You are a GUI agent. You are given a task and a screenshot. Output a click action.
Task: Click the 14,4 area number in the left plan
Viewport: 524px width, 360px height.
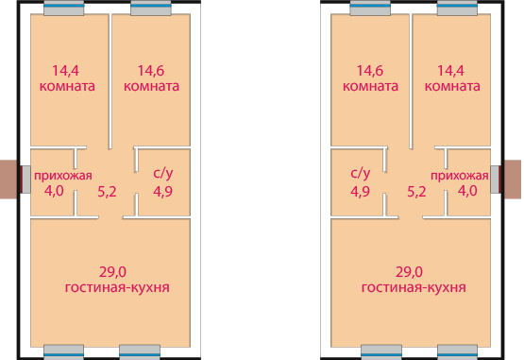click(x=65, y=71)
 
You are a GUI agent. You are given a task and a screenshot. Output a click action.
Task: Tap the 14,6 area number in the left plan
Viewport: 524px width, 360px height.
click(x=151, y=71)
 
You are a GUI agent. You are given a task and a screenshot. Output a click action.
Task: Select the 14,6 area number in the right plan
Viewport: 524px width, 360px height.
click(x=370, y=71)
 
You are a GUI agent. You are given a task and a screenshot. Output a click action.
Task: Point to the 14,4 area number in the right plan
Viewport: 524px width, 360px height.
click(x=450, y=71)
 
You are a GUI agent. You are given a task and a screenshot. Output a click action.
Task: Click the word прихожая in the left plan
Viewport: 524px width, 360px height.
click(x=63, y=176)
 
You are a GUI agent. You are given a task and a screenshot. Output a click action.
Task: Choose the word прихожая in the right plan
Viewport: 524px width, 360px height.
click(x=460, y=176)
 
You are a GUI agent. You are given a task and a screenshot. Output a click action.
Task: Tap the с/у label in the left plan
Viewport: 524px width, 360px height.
click(x=163, y=173)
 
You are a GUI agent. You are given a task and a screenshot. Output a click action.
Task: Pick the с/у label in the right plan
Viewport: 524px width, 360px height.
click(x=361, y=173)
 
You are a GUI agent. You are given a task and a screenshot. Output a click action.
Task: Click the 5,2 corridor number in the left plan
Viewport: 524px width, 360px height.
click(x=107, y=192)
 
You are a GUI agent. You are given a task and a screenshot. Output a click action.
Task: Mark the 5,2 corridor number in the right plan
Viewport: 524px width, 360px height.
click(x=416, y=192)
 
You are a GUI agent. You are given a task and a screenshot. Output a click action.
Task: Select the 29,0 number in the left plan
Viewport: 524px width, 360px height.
click(x=112, y=272)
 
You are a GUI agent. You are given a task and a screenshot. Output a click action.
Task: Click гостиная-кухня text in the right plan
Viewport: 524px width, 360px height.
click(x=414, y=288)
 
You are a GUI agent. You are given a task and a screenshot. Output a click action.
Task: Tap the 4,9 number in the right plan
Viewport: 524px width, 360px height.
click(x=361, y=192)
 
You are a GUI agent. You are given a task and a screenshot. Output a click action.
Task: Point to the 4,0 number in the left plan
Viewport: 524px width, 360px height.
click(x=54, y=191)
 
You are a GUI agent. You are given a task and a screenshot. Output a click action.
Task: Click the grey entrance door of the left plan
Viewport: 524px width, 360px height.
click(x=26, y=180)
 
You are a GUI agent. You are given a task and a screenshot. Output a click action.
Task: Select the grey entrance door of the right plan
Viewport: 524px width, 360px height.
click(x=495, y=180)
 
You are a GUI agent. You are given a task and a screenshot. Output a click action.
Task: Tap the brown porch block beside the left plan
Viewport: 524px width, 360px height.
click(x=8, y=180)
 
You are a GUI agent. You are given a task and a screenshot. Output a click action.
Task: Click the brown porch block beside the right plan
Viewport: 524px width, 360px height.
click(x=513, y=180)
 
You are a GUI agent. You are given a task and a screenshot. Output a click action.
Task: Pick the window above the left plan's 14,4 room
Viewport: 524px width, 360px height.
click(x=64, y=8)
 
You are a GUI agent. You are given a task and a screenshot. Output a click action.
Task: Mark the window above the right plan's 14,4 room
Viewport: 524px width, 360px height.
click(x=457, y=8)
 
